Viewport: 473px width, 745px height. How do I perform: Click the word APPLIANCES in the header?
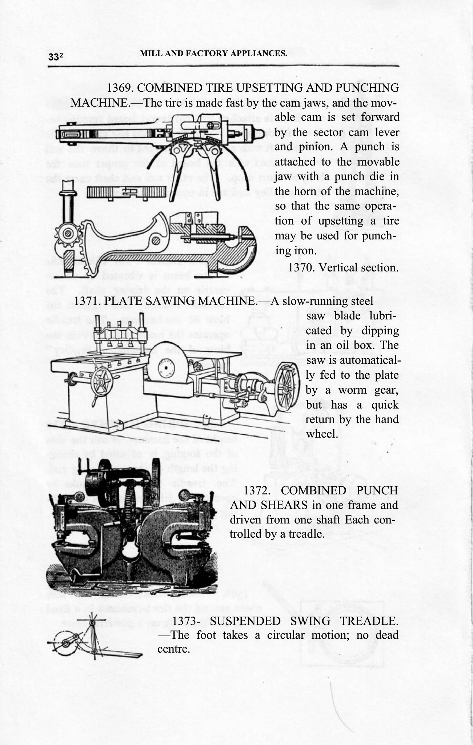click(254, 53)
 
